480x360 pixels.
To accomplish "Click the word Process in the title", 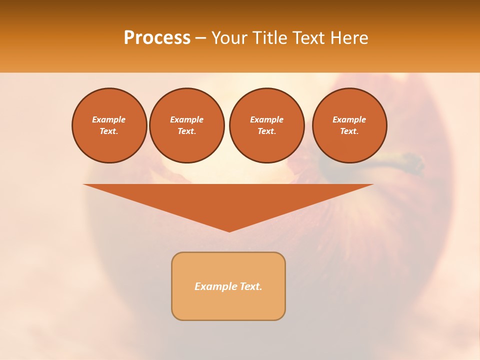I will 157,38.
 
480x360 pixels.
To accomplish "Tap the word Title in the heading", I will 271,38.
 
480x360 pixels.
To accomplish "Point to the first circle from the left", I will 109,125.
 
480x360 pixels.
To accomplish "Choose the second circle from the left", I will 187,125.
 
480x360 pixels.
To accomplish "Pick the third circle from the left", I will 267,125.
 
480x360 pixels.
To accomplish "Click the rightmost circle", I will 349,125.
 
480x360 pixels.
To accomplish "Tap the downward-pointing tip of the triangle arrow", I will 229,230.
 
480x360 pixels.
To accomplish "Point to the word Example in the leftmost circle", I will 109,119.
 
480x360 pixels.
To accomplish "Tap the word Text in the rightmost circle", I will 349,131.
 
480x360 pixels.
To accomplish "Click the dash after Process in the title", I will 200,38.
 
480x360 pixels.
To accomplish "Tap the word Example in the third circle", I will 267,119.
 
